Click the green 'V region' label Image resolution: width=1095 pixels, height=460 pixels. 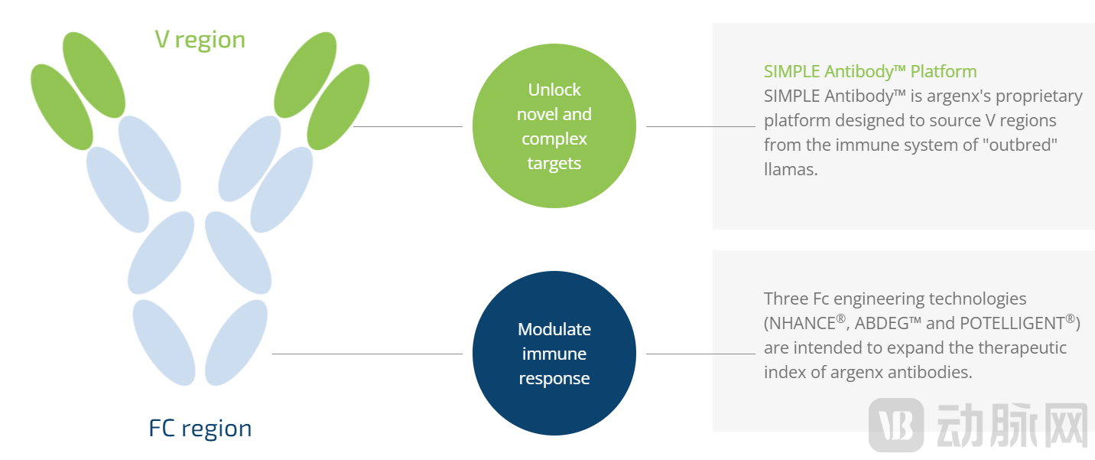[200, 40]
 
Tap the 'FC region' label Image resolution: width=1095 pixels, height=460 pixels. [200, 429]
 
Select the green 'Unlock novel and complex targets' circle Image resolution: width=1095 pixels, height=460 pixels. [554, 126]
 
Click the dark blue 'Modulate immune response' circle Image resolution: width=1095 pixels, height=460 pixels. [554, 354]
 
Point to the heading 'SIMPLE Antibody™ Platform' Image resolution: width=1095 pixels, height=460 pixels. [870, 72]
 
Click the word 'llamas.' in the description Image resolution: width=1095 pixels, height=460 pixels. [791, 170]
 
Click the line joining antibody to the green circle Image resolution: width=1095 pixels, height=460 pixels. [407, 126]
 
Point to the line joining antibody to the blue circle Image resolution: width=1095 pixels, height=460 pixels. [367, 354]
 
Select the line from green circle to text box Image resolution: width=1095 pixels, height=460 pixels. [700, 126]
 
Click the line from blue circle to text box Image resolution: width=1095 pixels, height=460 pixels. [700, 354]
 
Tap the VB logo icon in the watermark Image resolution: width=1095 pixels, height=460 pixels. [896, 423]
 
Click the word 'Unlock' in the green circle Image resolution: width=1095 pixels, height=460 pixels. [554, 90]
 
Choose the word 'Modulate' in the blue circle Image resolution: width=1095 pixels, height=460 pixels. [554, 330]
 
